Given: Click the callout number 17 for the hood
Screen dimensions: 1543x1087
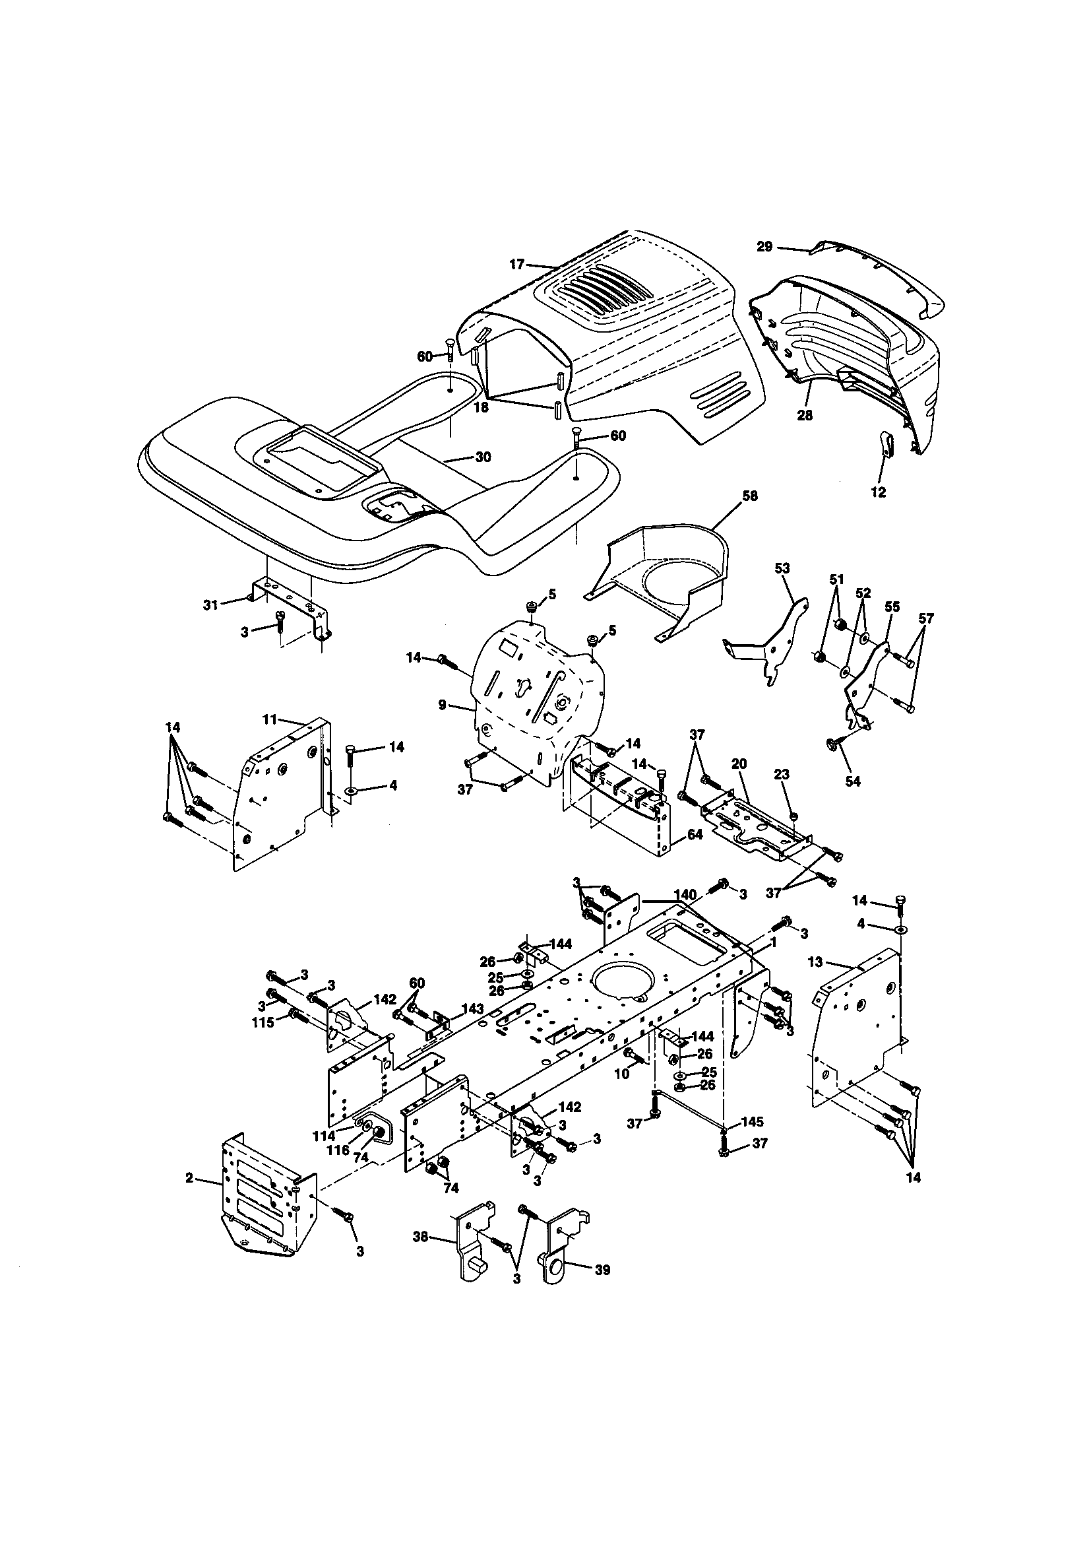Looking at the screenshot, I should [516, 265].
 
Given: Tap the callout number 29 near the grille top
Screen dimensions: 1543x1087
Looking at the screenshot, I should [764, 247].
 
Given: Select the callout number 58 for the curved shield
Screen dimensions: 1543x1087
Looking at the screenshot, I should [750, 496].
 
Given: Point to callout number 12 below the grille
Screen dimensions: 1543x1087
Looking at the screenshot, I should [878, 492].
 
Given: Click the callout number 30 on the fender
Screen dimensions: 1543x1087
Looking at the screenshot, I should [482, 457].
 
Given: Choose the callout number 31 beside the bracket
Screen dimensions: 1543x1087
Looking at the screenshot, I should [211, 605].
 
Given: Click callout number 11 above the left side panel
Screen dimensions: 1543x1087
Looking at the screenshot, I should [269, 719].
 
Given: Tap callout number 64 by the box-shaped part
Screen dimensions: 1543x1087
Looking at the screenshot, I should [695, 836].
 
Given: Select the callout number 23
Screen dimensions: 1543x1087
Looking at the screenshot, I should [782, 774].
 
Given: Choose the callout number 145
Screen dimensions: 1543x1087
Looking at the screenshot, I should [752, 1123].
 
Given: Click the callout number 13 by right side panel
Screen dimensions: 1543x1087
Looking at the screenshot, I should [815, 962].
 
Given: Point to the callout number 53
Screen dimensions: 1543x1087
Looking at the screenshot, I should [782, 568].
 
